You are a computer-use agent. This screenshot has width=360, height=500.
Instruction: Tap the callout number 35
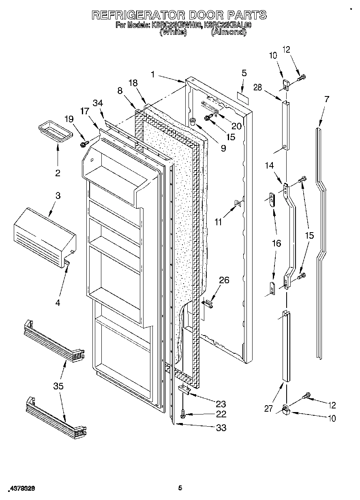[x=58, y=386]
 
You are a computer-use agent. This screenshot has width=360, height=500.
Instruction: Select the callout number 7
[x=327, y=98]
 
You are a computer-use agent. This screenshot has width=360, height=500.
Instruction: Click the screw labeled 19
[x=85, y=143]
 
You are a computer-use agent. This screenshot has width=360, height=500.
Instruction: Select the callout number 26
[x=224, y=280]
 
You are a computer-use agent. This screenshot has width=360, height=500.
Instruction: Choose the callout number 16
[x=276, y=243]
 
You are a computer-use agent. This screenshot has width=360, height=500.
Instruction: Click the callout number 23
[x=221, y=404]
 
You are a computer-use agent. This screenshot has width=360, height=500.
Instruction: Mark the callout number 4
[x=58, y=303]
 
